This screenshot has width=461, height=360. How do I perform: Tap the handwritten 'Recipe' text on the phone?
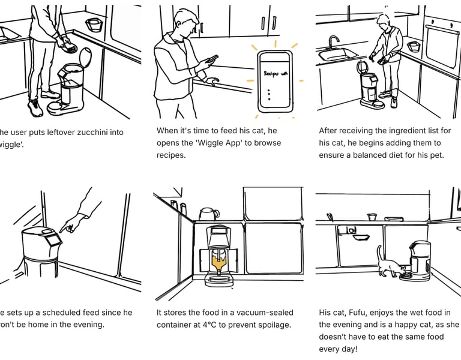(275, 73)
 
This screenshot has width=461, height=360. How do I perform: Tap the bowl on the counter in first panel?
(93, 24)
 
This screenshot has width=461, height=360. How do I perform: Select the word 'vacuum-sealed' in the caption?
(268, 313)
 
